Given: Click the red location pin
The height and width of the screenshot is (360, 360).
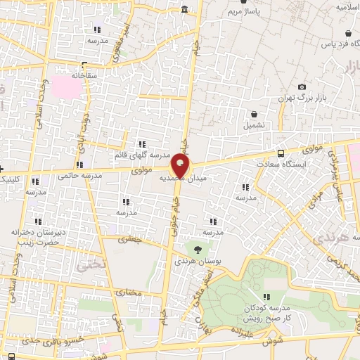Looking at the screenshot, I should click(180, 167).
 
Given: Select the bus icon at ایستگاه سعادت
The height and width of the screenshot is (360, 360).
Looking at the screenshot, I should click(281, 153).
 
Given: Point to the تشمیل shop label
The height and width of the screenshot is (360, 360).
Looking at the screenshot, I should click(255, 124).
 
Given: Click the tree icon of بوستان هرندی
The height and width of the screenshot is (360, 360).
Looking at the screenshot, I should click(197, 248).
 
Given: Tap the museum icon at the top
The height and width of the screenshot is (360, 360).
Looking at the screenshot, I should click(184, 9).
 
